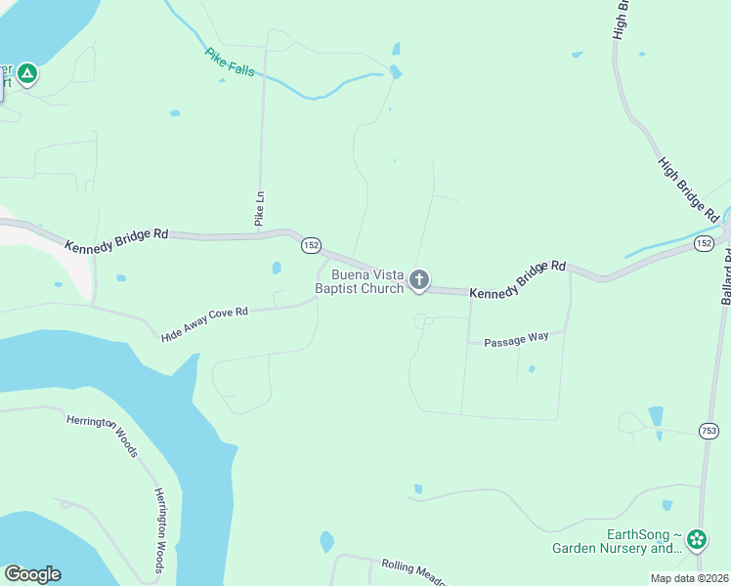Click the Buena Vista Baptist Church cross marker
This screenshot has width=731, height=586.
pos(418,281)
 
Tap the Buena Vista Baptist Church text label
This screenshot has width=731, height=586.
pos(360,281)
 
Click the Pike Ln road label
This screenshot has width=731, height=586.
pos(259,209)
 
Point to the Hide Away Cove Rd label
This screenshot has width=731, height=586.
pos(205,324)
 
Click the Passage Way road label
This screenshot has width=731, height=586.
pos(516,339)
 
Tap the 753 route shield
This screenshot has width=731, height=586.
pos(709,430)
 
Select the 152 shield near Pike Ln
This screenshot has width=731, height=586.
pos(311,245)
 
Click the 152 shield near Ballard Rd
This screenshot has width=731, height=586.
pos(704,242)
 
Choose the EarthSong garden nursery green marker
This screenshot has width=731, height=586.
pos(697,539)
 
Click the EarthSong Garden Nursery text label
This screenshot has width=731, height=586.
pos(618,541)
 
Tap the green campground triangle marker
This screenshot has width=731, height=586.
pos(27,73)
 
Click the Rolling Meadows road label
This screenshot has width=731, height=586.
pos(410,571)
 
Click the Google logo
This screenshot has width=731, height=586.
pos(32,574)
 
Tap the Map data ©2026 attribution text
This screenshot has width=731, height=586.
pos(689,578)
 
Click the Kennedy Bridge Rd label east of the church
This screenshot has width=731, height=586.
pos(518,279)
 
